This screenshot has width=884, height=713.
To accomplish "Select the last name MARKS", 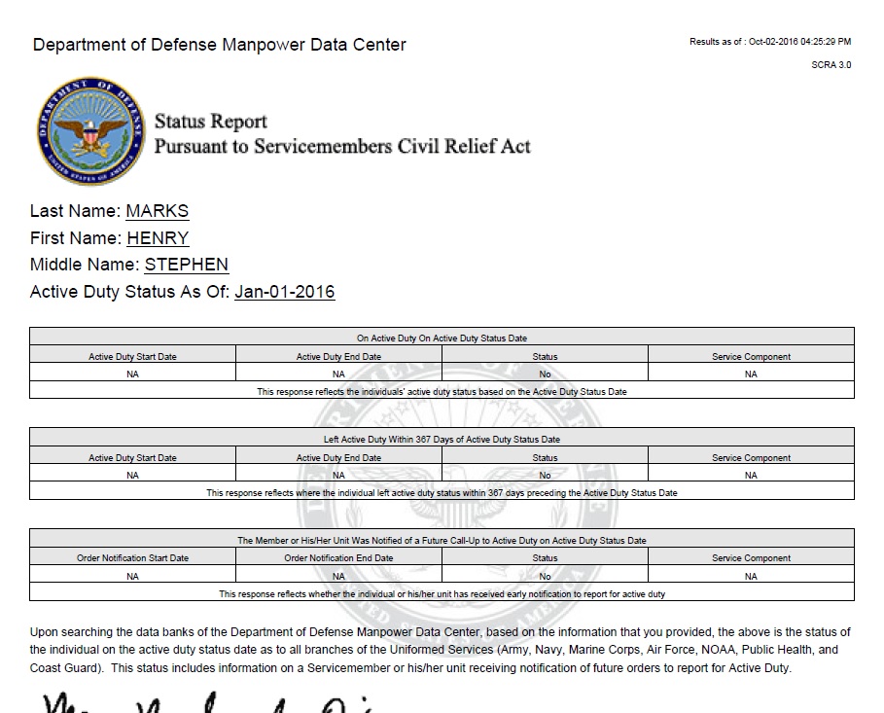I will point(158,211).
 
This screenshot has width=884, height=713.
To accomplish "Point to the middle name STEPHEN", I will point(187,265).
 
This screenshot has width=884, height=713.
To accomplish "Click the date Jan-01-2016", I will point(285,292).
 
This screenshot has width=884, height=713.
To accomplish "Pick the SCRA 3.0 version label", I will point(831,65).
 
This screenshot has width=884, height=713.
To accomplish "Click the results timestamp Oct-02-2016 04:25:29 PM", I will point(798,42).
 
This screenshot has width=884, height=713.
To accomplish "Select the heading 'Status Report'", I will point(211,122).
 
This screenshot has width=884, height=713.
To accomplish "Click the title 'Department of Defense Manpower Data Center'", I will point(220,45).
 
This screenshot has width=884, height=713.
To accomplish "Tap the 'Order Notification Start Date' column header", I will point(132,558).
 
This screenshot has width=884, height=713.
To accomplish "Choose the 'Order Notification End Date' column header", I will point(338,558).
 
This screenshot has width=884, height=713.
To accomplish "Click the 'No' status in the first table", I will point(545,374).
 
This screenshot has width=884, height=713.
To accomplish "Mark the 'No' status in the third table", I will point(545,576).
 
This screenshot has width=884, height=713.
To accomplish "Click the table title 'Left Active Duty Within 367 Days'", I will point(442,439).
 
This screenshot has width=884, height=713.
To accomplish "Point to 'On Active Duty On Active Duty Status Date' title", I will point(442,339).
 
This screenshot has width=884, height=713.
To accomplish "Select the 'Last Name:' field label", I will point(76,211).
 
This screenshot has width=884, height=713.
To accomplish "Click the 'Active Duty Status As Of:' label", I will point(130,292).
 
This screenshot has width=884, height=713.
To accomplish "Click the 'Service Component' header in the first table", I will point(751,357).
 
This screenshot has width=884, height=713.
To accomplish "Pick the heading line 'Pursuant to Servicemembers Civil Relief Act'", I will point(342,147).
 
